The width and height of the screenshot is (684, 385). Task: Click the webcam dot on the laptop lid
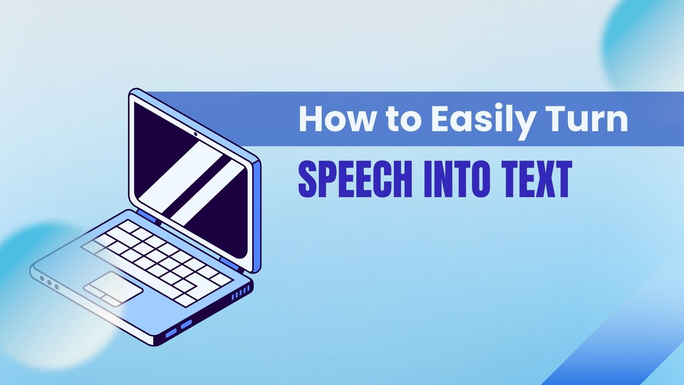[196, 134]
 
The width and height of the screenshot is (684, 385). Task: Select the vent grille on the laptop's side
[241, 294]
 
